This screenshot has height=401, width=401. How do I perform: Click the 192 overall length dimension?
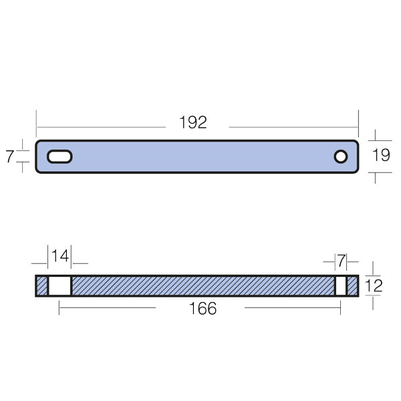point(193,123)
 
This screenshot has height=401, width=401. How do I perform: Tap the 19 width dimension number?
point(381,156)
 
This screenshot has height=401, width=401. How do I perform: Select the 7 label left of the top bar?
point(9,157)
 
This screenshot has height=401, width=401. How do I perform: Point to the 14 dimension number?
point(60,256)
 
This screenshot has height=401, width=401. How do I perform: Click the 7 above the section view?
point(341,259)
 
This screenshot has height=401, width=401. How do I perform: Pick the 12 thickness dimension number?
point(374,286)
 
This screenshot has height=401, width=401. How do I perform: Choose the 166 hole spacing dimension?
point(203,308)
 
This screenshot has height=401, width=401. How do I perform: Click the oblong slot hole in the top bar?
point(59,156)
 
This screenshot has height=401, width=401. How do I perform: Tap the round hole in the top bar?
point(341,156)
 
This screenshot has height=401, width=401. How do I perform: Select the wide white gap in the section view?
point(59,286)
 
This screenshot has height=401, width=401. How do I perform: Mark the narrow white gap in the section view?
point(341,286)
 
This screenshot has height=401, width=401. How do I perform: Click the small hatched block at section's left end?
point(41,286)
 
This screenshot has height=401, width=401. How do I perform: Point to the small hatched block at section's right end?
point(352,286)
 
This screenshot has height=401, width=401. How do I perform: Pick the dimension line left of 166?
point(107,307)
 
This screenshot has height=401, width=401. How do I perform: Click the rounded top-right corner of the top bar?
point(356,142)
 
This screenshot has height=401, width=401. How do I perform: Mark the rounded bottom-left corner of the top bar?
point(39,170)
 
